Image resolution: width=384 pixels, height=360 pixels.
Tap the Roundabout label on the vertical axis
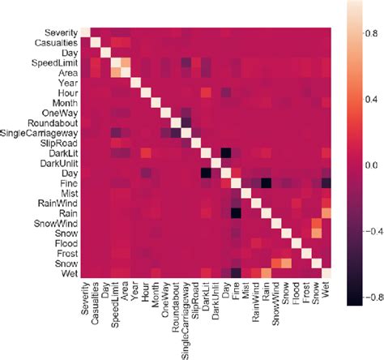tap(55, 122)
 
